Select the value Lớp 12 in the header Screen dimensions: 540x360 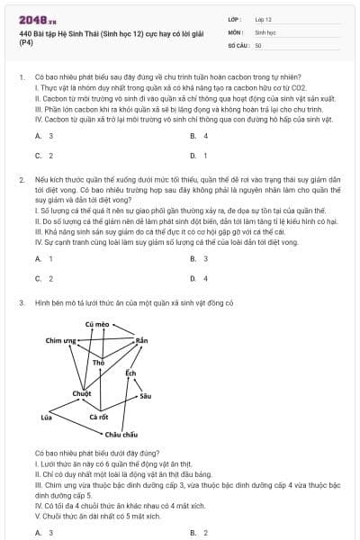coord(263,18)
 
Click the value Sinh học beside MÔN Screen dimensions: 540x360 coord(265,31)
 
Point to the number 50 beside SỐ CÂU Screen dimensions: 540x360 coord(258,44)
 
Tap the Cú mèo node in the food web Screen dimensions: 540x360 coord(96,323)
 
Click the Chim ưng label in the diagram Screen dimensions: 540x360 coord(61,341)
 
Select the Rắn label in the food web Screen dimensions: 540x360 coord(140,341)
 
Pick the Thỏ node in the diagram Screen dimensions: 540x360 coord(112,362)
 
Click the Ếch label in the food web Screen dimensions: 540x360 coord(130,373)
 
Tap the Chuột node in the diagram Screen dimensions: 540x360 coord(82,393)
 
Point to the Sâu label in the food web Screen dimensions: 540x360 coord(146,396)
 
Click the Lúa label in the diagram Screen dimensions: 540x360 coord(46,418)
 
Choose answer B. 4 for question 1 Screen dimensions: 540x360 coord(199,136)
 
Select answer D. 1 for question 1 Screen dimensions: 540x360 coord(199,156)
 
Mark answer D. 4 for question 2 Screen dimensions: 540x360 coord(199,278)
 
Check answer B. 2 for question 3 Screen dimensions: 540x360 coord(199,533)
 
